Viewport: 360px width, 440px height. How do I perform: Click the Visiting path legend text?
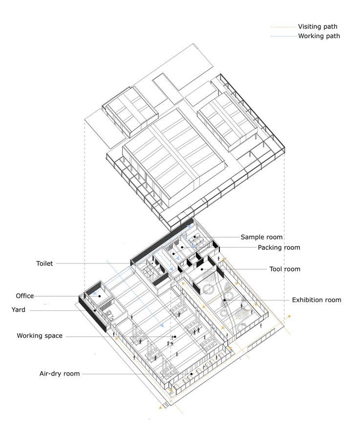[318, 27]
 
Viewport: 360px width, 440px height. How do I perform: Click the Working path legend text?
[319, 36]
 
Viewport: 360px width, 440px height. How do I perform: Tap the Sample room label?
[262, 237]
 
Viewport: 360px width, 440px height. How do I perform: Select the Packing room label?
[279, 247]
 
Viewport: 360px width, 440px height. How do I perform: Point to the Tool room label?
[285, 269]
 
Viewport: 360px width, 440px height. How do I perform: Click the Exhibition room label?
[317, 300]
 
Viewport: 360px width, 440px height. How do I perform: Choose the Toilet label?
[44, 264]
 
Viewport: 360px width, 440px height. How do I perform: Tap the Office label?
[25, 296]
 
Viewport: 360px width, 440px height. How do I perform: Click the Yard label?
[18, 310]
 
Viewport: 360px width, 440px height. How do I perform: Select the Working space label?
[40, 336]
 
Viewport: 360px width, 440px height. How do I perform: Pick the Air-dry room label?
[60, 374]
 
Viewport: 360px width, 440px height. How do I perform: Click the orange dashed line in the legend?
[283, 27]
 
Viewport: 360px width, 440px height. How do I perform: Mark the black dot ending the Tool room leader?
[202, 269]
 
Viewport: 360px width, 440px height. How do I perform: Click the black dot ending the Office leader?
[99, 296]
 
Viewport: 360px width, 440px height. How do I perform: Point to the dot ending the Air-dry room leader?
[191, 374]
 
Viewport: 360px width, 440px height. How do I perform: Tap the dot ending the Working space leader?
[175, 336]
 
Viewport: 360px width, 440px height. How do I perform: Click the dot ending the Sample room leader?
[194, 237]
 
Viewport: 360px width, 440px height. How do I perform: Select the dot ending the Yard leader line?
[95, 310]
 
